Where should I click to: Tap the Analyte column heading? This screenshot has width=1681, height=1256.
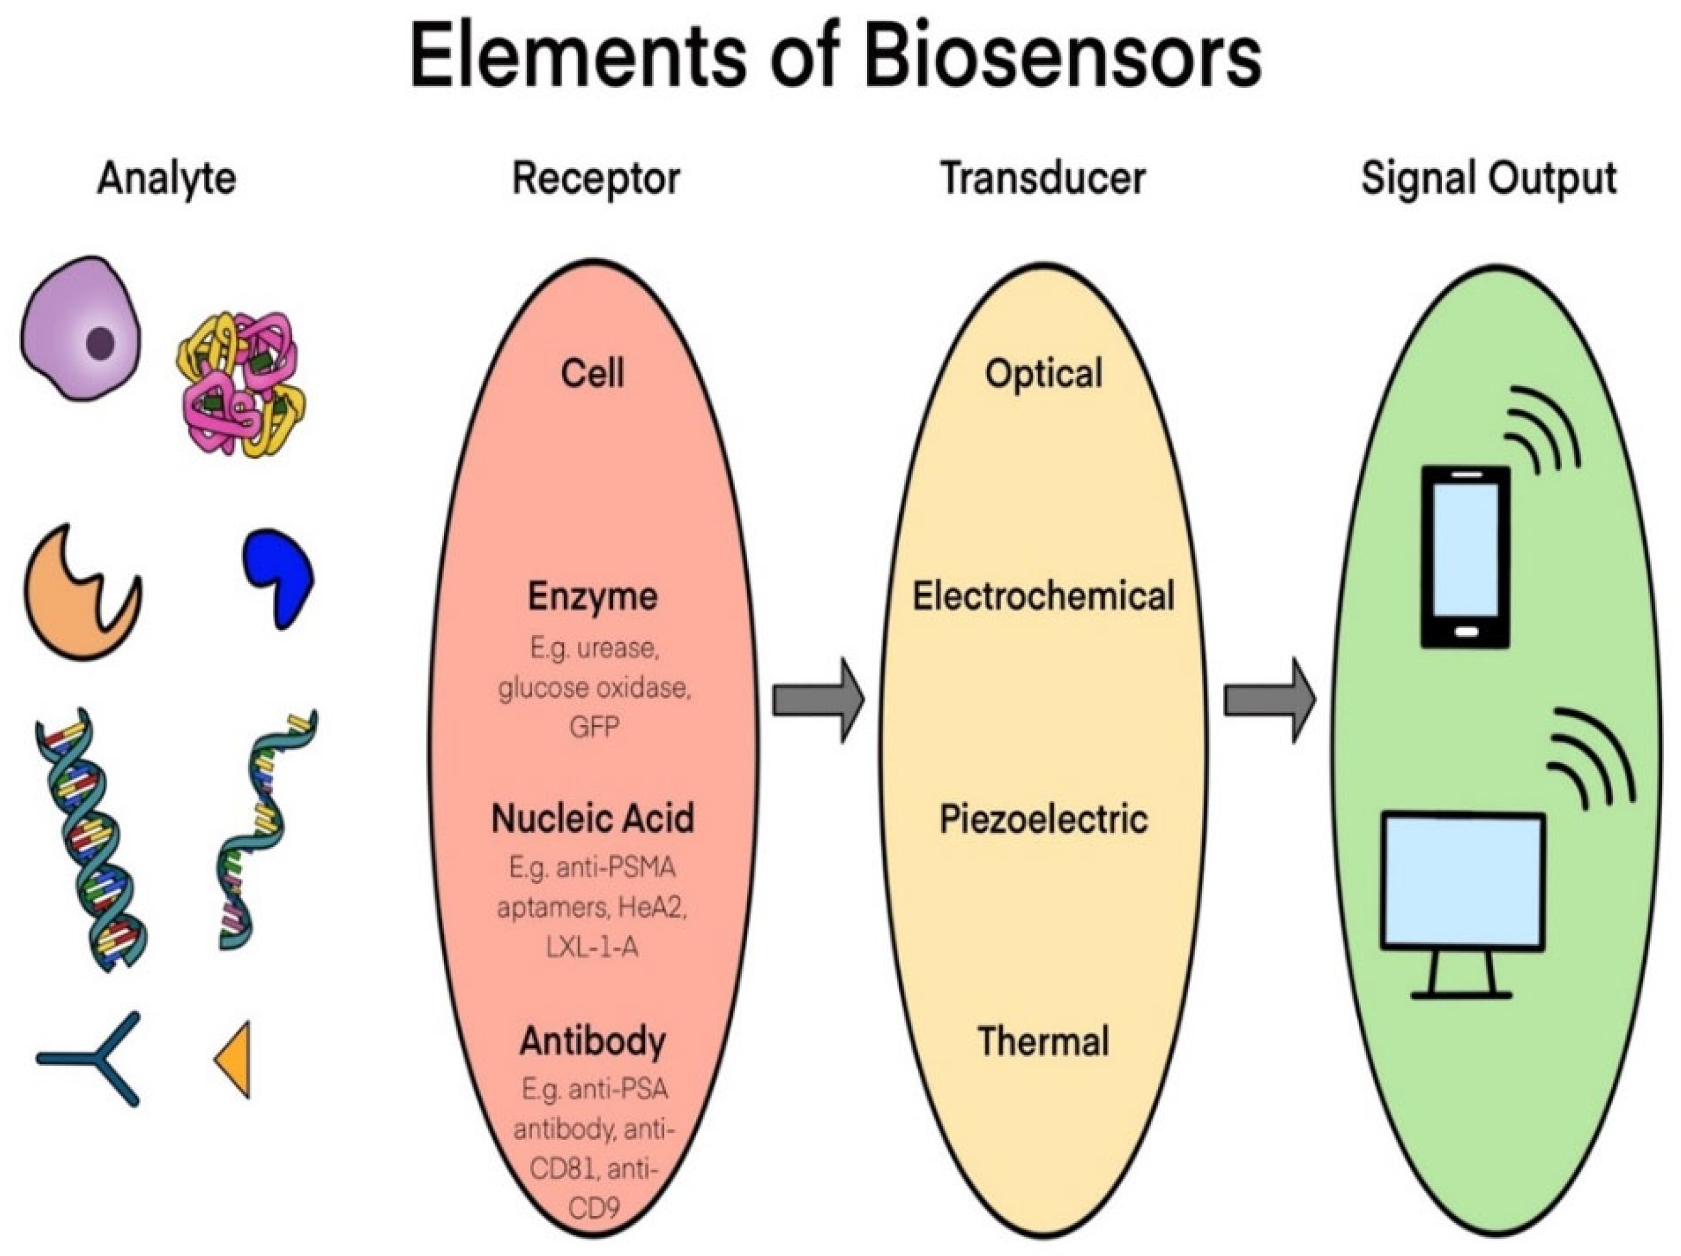click(167, 180)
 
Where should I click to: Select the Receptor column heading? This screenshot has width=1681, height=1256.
click(596, 180)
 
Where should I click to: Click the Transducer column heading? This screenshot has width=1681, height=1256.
click(1043, 180)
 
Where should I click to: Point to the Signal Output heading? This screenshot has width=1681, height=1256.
click(1488, 180)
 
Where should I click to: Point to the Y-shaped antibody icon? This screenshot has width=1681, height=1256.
click(95, 1058)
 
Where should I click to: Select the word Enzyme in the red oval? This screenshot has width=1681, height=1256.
click(593, 596)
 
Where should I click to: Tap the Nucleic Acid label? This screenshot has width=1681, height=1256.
click(593, 819)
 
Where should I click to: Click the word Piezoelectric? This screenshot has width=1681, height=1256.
click(1043, 819)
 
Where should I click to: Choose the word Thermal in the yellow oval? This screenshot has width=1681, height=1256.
click(1043, 1041)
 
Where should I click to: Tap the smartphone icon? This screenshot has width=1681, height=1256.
click(1465, 557)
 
